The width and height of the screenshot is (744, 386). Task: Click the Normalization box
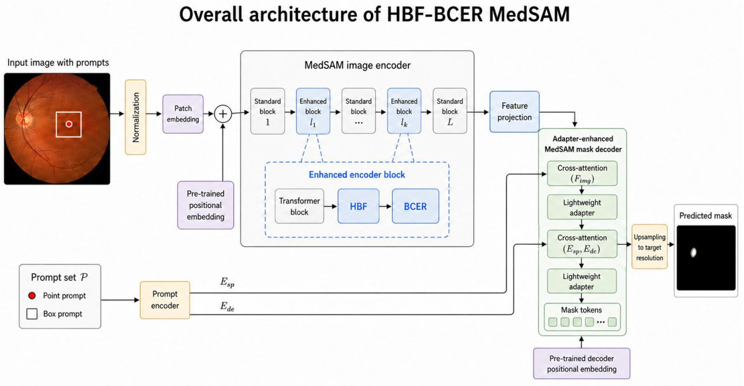(x=136, y=117)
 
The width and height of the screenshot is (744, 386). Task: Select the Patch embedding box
(x=183, y=114)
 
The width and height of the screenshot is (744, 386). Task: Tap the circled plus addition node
(x=223, y=114)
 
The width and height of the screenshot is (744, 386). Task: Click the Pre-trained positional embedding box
(x=206, y=205)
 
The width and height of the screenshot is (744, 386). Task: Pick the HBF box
(x=358, y=206)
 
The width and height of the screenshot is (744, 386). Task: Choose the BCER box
(x=415, y=206)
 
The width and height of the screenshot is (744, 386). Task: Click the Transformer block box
(x=299, y=206)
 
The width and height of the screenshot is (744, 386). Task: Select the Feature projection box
(x=515, y=111)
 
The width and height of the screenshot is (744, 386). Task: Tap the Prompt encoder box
(x=165, y=300)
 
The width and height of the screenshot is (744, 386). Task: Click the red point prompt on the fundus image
(x=69, y=124)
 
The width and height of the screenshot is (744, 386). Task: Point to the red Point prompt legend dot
(x=32, y=295)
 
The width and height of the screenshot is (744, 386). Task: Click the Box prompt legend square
(x=32, y=314)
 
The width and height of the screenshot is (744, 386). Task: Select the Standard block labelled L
(x=450, y=111)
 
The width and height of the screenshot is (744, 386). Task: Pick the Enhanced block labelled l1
(x=313, y=111)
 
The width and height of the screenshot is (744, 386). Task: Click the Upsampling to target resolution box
(x=649, y=246)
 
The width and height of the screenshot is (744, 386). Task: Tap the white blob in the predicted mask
(x=694, y=253)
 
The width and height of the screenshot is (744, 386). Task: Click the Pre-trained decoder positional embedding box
(x=582, y=363)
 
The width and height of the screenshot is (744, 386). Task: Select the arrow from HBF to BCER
(x=385, y=207)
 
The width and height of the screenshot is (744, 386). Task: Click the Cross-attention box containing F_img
(x=582, y=173)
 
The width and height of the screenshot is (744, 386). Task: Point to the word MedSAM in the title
(x=530, y=14)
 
